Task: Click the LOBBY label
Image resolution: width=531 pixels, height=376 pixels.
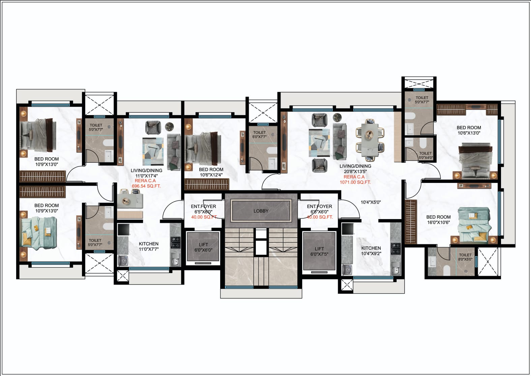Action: tap(261, 211)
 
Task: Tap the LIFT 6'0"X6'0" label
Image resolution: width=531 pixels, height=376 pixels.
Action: tap(203, 247)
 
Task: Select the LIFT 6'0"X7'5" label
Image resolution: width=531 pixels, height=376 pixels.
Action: tap(319, 251)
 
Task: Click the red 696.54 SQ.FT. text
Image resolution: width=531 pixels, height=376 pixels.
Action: tap(146, 186)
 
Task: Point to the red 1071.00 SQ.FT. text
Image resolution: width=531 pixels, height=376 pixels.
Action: tap(355, 182)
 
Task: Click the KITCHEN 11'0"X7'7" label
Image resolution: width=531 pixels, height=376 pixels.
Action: tap(149, 246)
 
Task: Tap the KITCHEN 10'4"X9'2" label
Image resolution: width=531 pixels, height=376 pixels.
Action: tap(371, 251)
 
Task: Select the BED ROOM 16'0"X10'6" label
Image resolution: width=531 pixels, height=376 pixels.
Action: tap(438, 220)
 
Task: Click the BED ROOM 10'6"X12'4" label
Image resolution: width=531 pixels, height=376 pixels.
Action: tap(211, 172)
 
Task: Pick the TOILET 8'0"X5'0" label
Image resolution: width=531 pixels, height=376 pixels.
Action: tap(465, 257)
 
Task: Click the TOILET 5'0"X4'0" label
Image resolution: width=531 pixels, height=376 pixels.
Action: tap(425, 156)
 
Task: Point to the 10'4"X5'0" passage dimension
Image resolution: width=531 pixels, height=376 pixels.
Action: tap(371, 202)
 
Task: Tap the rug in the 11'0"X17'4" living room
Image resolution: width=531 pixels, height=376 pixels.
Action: tap(153, 152)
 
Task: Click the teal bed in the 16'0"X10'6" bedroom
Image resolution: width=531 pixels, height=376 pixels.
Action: tap(474, 225)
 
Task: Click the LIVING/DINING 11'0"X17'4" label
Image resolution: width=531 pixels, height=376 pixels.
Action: tap(146, 173)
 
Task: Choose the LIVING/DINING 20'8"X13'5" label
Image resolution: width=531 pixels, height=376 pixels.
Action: tap(355, 168)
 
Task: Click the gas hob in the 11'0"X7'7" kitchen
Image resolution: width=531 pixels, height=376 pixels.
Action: tap(175, 242)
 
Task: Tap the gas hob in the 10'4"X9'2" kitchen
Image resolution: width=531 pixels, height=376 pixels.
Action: tap(396, 248)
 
